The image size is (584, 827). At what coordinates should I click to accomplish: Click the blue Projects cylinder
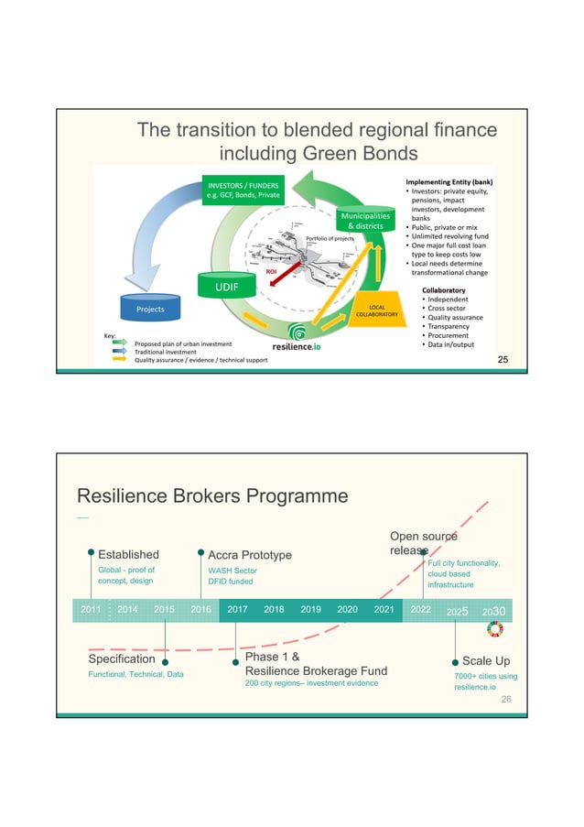coord(150,310)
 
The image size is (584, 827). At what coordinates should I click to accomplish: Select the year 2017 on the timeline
coord(237,608)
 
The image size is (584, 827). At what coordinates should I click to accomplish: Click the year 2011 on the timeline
coord(91,608)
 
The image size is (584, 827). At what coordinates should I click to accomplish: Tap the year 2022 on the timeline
coord(421,608)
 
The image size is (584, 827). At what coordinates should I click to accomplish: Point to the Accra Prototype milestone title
coord(250,555)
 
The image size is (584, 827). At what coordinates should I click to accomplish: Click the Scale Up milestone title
coord(486,661)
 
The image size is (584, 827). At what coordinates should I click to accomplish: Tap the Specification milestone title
coord(121,659)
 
